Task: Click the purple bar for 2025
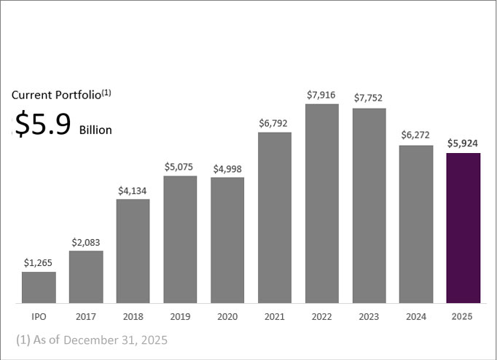tap(463, 227)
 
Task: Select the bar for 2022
tap(321, 203)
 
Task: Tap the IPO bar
tap(39, 287)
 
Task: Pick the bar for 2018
tap(133, 251)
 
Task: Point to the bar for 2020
tap(227, 240)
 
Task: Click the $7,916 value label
tap(321, 95)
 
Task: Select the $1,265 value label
tap(39, 263)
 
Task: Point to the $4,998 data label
tap(227, 169)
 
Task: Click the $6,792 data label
tap(275, 124)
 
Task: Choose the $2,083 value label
tap(86, 242)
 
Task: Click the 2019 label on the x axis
tap(180, 318)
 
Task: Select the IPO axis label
tap(39, 318)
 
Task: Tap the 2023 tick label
tap(369, 318)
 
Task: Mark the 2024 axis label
tap(416, 318)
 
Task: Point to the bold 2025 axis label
tap(463, 318)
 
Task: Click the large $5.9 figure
tap(43, 125)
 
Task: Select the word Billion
tap(95, 130)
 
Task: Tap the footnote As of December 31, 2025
tap(91, 340)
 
